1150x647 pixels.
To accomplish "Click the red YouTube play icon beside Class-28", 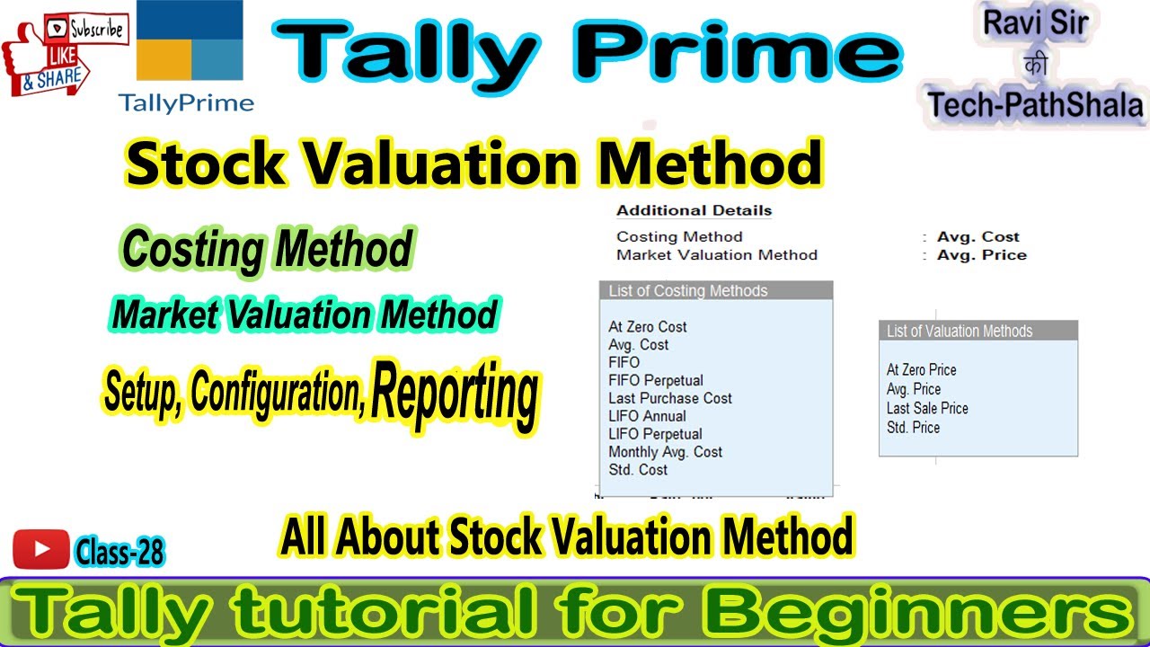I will (x=41, y=549).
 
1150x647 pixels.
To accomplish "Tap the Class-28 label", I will (x=119, y=552).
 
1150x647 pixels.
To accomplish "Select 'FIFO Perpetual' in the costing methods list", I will (x=656, y=380).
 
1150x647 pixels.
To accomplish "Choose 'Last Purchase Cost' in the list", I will (x=670, y=398).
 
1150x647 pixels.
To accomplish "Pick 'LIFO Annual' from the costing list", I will (x=647, y=416).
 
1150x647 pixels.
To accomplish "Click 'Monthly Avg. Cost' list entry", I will (x=665, y=452).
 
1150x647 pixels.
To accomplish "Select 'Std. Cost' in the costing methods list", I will (x=638, y=470).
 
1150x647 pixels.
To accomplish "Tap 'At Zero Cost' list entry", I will (x=648, y=327).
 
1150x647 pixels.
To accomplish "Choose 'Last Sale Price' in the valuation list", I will (x=927, y=408).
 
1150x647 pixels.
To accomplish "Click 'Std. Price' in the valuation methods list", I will (x=913, y=428).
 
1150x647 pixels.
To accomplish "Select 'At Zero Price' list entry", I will (x=921, y=370).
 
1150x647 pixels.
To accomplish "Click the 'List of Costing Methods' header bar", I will (x=715, y=291).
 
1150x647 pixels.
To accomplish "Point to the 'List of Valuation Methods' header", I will (x=977, y=332).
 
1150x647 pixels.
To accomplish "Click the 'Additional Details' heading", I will (x=694, y=211).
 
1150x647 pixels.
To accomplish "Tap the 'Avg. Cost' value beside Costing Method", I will (x=977, y=237).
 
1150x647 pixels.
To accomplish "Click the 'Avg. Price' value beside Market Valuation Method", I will (x=981, y=255).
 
